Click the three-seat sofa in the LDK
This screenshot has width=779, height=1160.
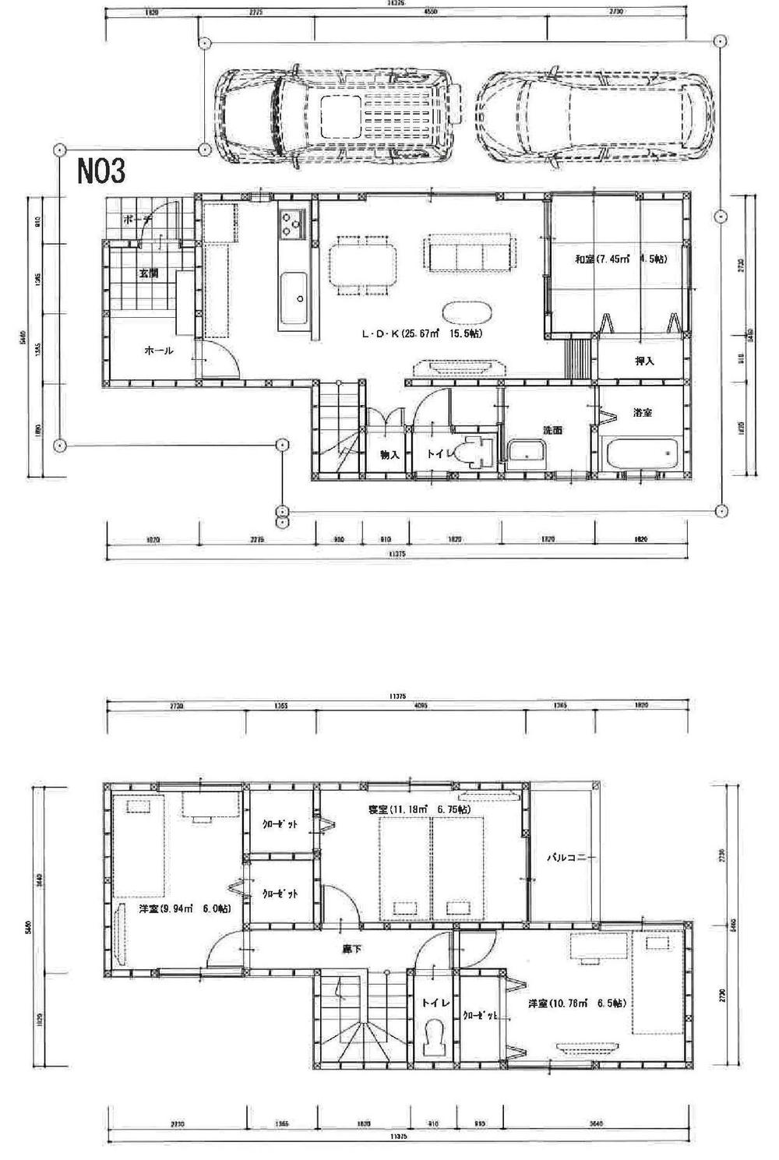[467, 253]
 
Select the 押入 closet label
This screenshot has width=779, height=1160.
[644, 361]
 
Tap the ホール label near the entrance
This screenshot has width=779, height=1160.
[158, 351]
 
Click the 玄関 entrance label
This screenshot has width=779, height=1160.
[150, 273]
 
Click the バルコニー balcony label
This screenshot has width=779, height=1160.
[570, 859]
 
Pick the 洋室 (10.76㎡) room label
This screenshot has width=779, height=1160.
[576, 1003]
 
